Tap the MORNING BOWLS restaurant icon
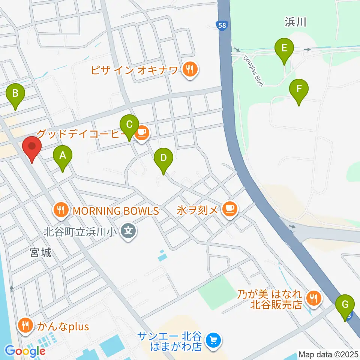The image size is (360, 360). (x=61, y=210)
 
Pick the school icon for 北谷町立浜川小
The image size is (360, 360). (x=129, y=229)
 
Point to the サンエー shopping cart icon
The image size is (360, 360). (x=214, y=340)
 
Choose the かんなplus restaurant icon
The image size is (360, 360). (x=25, y=326)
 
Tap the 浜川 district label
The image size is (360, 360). (x=295, y=22)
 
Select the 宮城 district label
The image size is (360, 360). (x=40, y=253)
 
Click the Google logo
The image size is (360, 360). (x=25, y=351)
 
